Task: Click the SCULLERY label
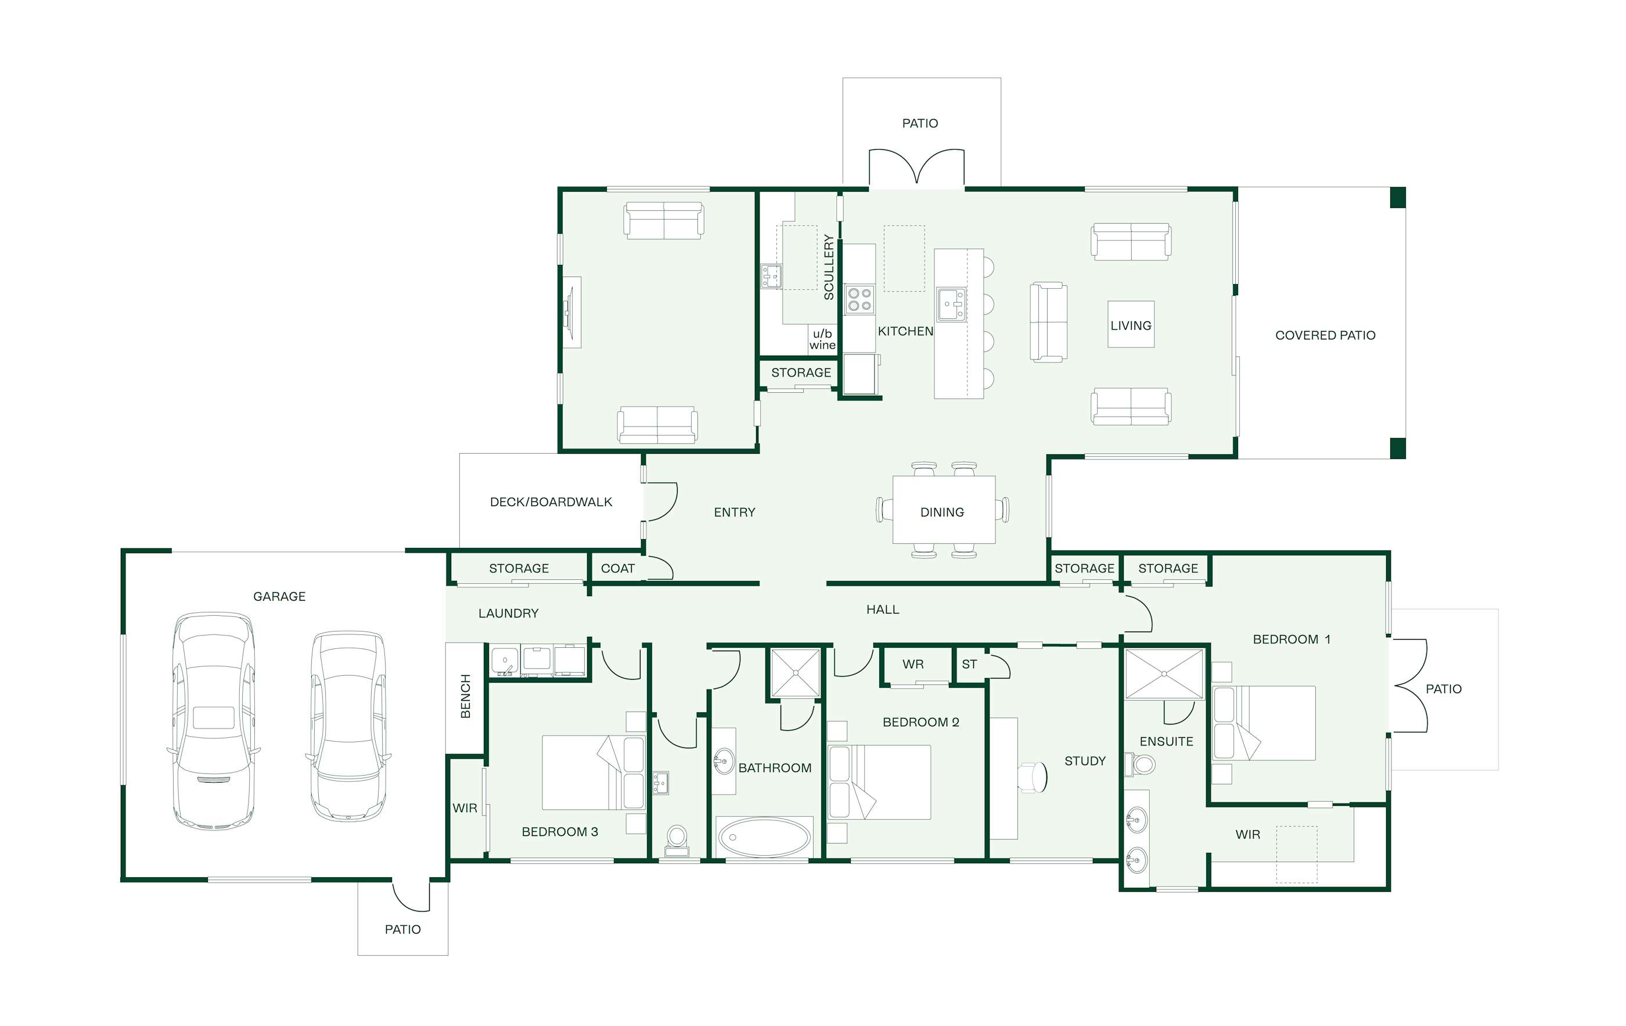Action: click(829, 267)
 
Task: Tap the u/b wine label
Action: click(822, 339)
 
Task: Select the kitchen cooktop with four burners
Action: click(859, 299)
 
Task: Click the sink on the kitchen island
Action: click(951, 304)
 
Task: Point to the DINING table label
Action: click(942, 512)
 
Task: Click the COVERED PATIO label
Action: click(1325, 335)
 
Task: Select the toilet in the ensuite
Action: click(1140, 765)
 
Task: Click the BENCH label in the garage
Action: click(465, 695)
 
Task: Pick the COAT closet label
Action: click(618, 569)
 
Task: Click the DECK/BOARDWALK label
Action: click(551, 502)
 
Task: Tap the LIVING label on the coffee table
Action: click(1131, 325)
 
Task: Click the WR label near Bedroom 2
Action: click(913, 664)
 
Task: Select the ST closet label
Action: click(969, 664)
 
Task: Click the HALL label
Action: click(883, 609)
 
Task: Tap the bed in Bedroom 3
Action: click(593, 773)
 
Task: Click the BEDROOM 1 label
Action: click(1292, 639)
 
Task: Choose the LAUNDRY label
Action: click(509, 614)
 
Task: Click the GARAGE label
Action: click(279, 597)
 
